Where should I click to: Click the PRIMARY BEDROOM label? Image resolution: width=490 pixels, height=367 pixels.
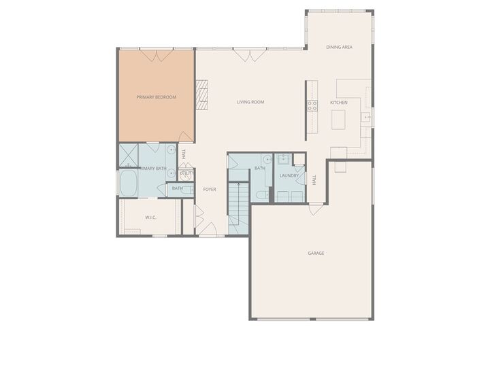point(156,97)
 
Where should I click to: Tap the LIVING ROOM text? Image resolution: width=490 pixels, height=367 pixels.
point(250,102)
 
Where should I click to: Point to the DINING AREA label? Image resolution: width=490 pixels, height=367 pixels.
point(339,47)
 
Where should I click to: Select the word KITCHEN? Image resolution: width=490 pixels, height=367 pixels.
point(339,102)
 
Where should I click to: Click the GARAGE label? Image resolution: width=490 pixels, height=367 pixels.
point(316,253)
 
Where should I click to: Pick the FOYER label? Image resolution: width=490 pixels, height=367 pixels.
point(210,189)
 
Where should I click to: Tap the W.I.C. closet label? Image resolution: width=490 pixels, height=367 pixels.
point(151,217)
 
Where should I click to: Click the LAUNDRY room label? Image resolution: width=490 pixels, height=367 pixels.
point(289,175)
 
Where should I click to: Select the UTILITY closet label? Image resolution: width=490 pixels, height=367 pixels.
point(186,173)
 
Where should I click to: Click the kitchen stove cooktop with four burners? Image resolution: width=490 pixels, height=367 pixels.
point(312,105)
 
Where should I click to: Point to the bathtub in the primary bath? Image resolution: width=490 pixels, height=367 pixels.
point(129,183)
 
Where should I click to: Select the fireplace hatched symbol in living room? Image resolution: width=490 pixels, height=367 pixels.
point(201,94)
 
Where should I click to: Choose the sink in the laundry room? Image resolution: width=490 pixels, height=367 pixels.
point(284,160)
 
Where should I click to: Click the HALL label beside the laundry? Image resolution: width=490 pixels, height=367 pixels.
point(314,180)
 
